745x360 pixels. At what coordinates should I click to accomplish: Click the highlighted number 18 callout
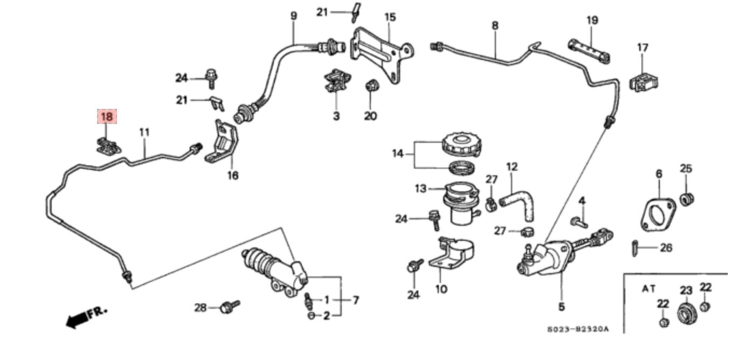click(107, 116)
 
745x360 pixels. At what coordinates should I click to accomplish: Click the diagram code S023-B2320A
click(578, 329)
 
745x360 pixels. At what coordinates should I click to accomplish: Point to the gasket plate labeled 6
click(658, 215)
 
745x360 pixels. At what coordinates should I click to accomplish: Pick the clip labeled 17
click(643, 82)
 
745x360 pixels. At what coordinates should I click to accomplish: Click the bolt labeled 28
click(230, 307)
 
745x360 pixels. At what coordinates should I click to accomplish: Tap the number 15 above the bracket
click(390, 17)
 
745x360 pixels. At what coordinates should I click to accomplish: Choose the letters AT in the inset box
click(648, 289)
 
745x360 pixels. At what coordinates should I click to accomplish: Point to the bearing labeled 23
click(687, 314)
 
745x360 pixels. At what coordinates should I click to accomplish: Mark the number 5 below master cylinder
click(561, 307)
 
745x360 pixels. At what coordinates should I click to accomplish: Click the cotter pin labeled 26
click(634, 248)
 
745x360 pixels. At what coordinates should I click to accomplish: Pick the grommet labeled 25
click(686, 199)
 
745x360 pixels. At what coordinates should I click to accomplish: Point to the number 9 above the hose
click(293, 16)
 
